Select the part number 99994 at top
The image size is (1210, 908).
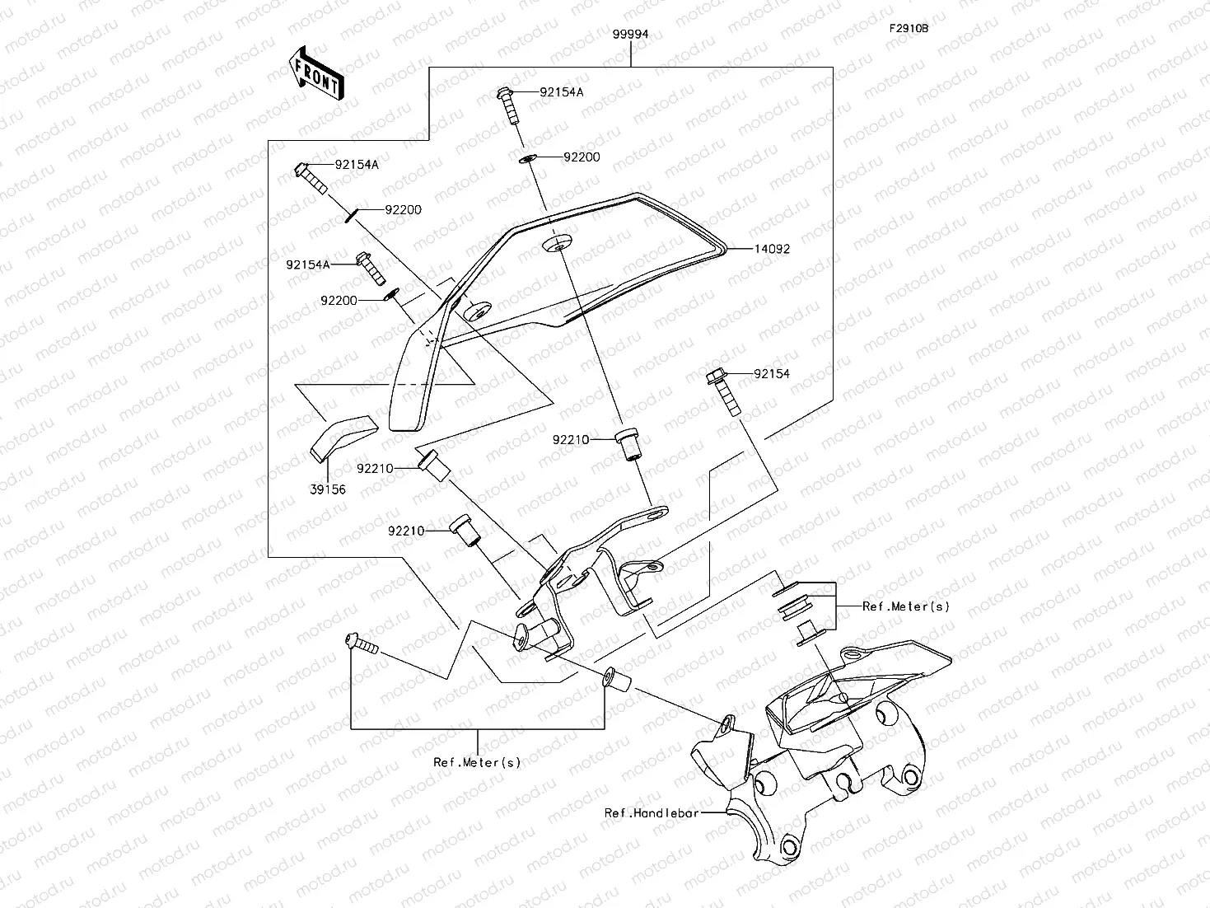630,35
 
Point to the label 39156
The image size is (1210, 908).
328,489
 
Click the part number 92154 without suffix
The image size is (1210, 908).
771,374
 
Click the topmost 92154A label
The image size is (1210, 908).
561,92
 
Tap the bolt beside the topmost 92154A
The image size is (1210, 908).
507,105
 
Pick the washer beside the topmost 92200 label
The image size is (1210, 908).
527,157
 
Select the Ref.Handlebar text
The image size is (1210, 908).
652,813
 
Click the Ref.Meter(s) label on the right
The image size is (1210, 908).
905,606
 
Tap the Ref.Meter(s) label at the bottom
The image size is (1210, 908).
478,762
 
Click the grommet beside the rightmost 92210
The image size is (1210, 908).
629,444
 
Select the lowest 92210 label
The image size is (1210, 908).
406,531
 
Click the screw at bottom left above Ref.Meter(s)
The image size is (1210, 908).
361,643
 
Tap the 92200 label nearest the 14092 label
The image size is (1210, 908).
582,157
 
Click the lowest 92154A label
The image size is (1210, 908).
308,264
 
